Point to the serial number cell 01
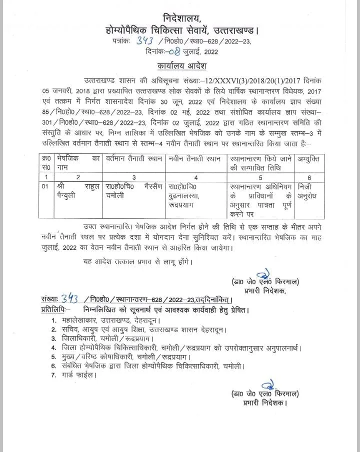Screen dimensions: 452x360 point(45,186)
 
